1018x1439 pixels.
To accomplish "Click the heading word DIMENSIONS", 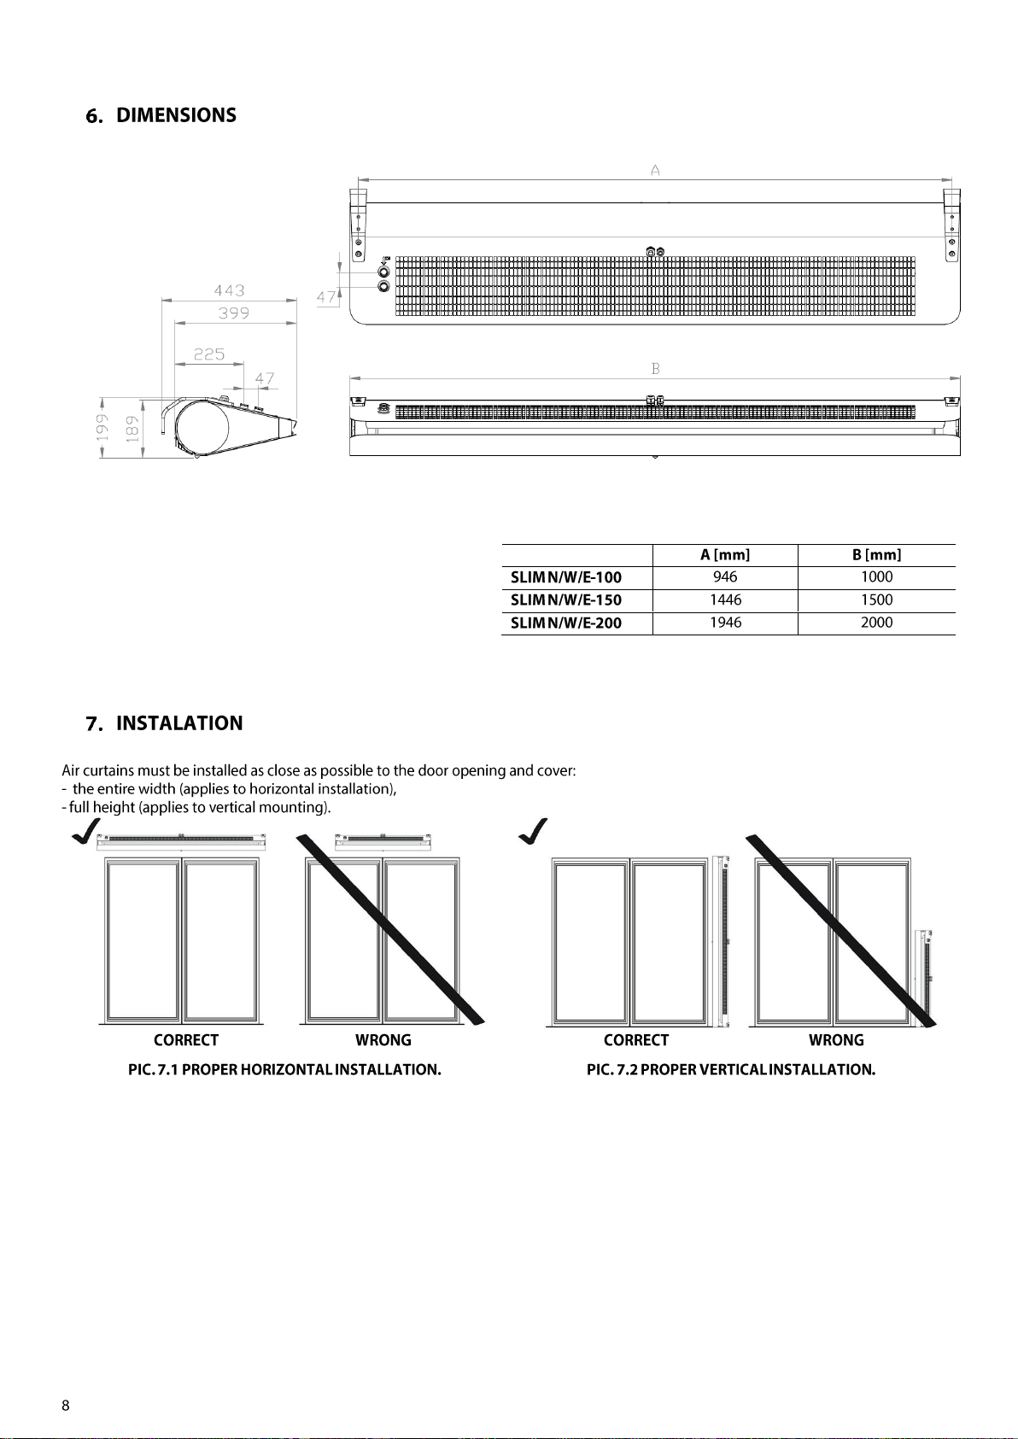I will click(x=176, y=115).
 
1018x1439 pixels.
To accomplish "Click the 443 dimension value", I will click(x=229, y=291).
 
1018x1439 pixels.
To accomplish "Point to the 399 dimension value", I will click(x=233, y=313).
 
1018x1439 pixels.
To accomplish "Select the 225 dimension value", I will click(x=208, y=354).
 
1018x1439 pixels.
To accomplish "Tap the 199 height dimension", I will click(x=102, y=427).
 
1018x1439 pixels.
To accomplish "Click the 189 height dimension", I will click(x=132, y=427).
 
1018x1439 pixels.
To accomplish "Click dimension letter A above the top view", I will click(x=655, y=171).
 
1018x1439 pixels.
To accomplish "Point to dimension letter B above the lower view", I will click(x=655, y=369).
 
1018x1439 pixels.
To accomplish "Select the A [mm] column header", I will click(x=725, y=555).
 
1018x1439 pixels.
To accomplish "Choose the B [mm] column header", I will click(x=876, y=555).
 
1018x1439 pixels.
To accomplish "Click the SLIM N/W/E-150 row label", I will click(x=566, y=600).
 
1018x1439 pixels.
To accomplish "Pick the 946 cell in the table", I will click(x=725, y=577).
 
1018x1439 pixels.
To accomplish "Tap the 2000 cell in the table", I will click(x=876, y=623).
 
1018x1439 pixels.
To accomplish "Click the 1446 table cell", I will click(x=725, y=600).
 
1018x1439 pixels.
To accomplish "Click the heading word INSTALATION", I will click(x=179, y=723).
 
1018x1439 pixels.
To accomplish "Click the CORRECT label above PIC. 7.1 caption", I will click(x=186, y=1040).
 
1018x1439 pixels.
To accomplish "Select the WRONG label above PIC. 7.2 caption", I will click(x=836, y=1040).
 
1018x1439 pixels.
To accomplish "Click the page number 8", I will click(x=66, y=1406).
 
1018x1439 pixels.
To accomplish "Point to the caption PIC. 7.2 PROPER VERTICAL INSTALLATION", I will click(x=731, y=1069).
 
